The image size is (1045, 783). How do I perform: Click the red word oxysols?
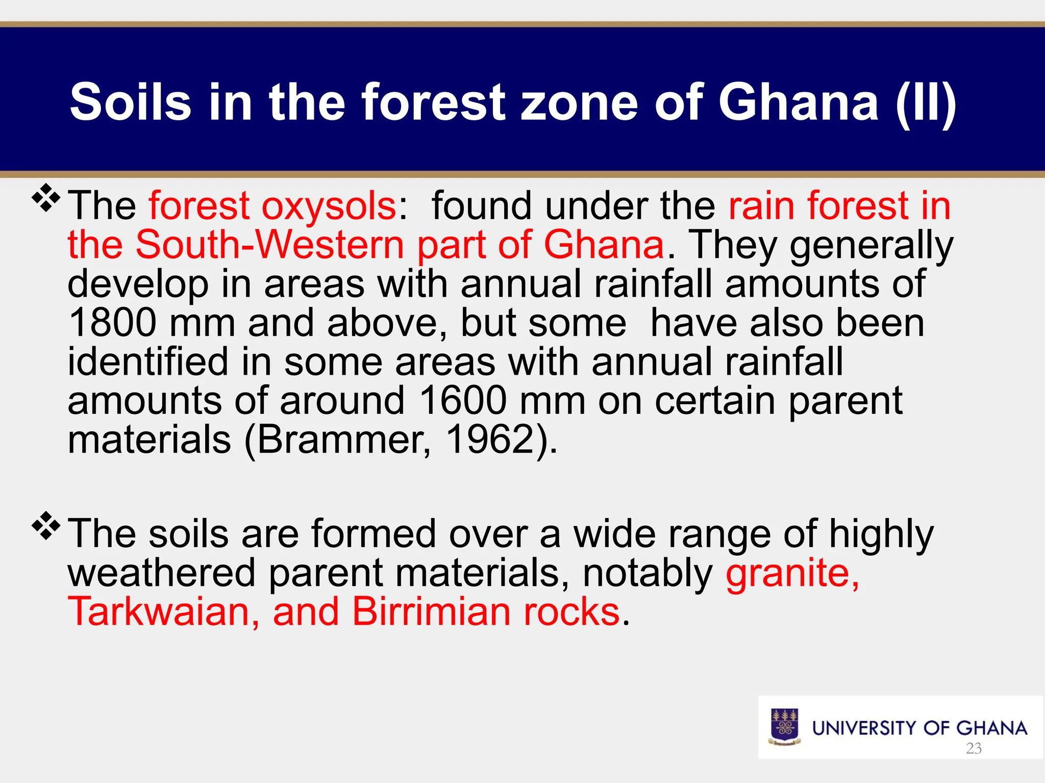pos(329,206)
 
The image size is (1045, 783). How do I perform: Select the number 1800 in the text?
pos(112,323)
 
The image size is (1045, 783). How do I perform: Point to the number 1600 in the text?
pos(462,401)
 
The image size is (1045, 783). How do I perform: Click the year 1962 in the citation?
pos(490,440)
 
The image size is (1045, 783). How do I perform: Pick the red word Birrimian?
pos(431,612)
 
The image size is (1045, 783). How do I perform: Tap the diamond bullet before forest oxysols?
pos(46,198)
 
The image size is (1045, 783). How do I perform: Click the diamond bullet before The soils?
pos(46,526)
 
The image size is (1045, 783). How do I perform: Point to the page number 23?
pos(974,748)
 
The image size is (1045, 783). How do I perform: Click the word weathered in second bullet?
pos(161,573)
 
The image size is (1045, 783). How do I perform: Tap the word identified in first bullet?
pos(148,362)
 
